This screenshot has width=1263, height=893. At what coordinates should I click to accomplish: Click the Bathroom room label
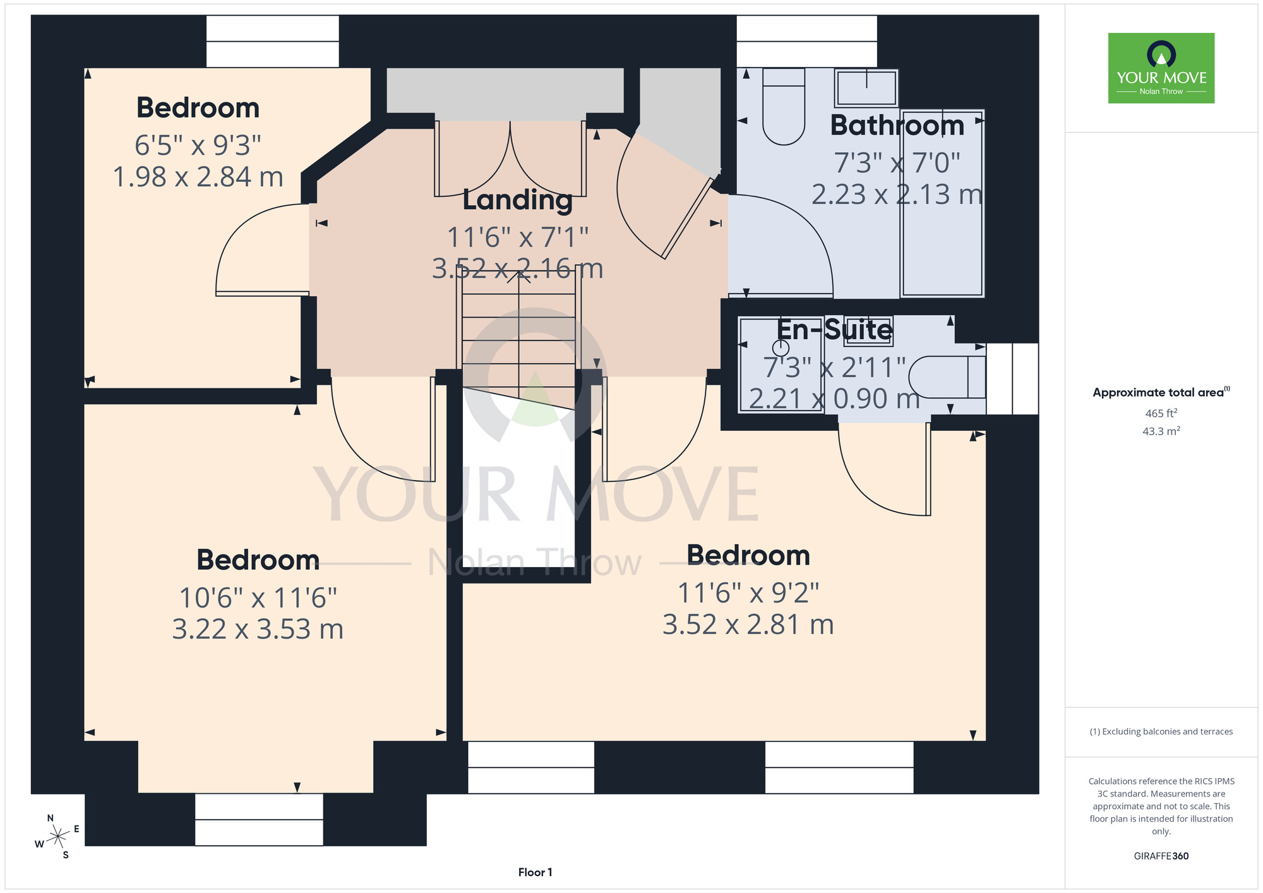coord(897,125)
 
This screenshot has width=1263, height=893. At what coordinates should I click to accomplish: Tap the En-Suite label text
coord(834,330)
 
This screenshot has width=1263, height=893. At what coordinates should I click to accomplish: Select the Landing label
coord(518,200)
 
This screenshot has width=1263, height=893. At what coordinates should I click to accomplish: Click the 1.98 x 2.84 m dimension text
coord(198,177)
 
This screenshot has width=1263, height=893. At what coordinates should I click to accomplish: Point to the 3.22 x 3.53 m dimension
coord(258,629)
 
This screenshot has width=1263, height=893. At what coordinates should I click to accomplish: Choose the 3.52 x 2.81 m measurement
coord(748,625)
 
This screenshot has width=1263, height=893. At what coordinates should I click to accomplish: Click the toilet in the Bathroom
coord(784,106)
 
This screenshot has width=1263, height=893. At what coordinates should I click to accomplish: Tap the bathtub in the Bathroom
coord(942,203)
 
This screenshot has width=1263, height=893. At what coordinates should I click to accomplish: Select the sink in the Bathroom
coord(866,88)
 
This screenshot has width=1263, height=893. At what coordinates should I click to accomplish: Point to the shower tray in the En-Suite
coord(781,364)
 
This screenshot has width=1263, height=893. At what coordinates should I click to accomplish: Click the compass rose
coord(57,837)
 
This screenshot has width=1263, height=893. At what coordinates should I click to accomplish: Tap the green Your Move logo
coord(1161,68)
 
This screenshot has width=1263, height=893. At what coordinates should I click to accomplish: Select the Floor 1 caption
coord(535,872)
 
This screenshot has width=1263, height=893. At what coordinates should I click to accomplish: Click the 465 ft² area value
coord(1161,413)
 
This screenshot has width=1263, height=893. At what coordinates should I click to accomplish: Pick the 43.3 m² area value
coord(1161,431)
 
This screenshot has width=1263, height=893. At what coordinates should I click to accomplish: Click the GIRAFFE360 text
coord(1161,856)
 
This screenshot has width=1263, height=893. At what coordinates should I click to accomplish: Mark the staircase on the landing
coord(519,341)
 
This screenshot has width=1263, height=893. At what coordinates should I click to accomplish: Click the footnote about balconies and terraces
coord(1161,731)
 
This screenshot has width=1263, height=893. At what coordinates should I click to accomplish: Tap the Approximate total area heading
coord(1161,392)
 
